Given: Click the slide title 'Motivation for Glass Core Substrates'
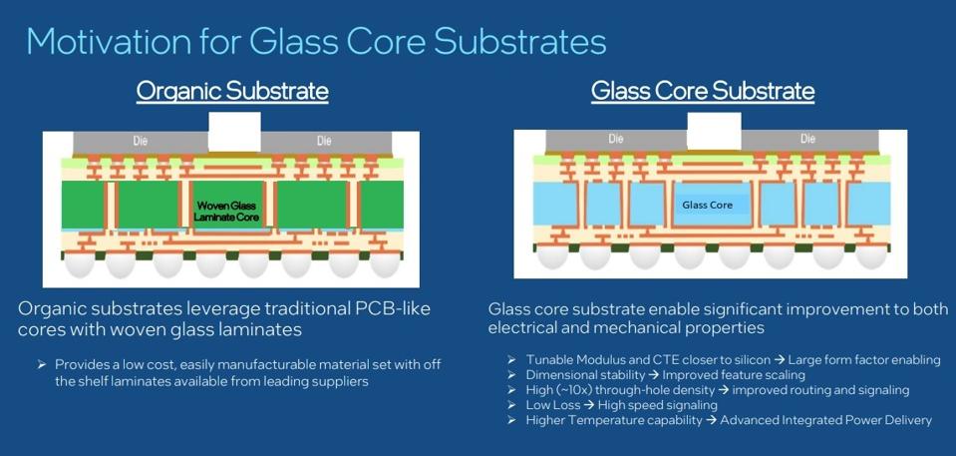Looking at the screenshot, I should pos(316,41).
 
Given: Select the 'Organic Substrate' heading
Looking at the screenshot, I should pos(232,91).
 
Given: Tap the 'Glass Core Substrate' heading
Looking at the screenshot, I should pos(702,91).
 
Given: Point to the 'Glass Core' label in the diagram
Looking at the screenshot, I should pos(707,205).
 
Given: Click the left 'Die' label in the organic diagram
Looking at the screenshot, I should pos(141,142).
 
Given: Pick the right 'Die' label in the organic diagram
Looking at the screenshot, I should pos(324,142).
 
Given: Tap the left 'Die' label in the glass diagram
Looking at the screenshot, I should pos(616,139).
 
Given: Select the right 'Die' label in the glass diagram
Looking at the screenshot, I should pos(807,139).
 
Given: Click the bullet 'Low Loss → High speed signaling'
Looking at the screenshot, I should pos(621,405).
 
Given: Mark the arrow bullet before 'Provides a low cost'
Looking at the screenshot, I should pos(42,364).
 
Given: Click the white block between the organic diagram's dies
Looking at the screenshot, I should pos(235,132).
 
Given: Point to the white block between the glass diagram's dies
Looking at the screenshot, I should pos(714,131).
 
